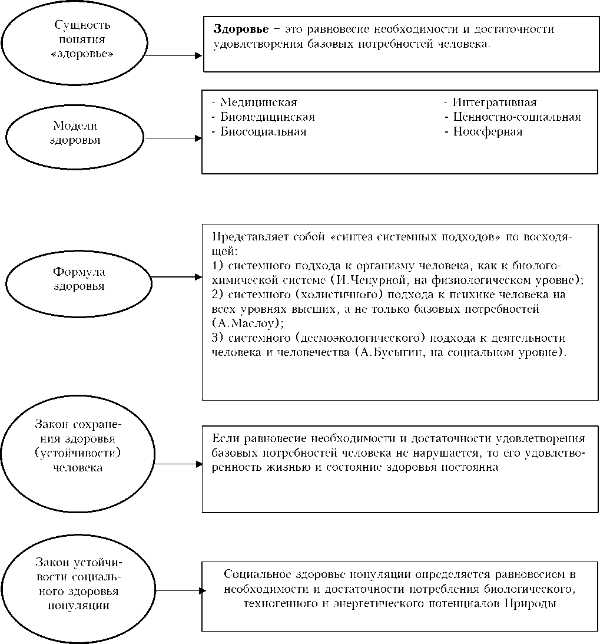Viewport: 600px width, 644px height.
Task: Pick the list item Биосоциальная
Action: pyautogui.click(x=263, y=131)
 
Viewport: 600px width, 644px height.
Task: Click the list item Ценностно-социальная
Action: pyautogui.click(x=517, y=117)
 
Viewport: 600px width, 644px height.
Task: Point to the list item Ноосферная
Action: pyautogui.click(x=488, y=131)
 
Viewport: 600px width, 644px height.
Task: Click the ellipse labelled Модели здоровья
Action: pyautogui.click(x=74, y=134)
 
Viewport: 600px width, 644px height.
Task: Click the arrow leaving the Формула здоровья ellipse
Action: pyautogui.click(x=177, y=276)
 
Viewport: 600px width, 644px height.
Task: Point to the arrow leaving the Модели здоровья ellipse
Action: pyautogui.click(x=174, y=138)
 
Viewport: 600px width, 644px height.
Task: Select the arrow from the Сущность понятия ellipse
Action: pyautogui.click(x=174, y=56)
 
